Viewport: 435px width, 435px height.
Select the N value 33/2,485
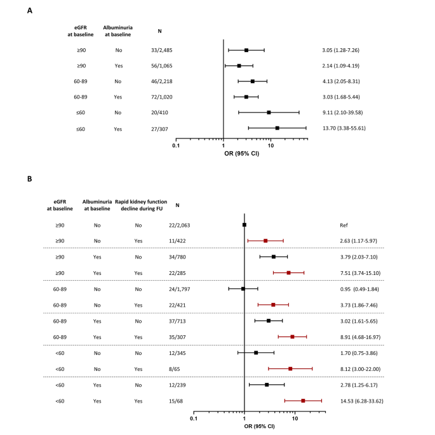pos(167,50)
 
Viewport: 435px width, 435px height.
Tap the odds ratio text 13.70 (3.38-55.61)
pos(344,128)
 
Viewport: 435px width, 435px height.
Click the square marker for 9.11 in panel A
pos(269,112)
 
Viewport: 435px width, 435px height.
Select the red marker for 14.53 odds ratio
pos(303,401)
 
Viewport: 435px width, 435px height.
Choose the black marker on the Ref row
pos(244,225)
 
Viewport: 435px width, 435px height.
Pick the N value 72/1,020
pos(167,97)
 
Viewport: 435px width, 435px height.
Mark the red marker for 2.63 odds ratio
pos(265,241)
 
